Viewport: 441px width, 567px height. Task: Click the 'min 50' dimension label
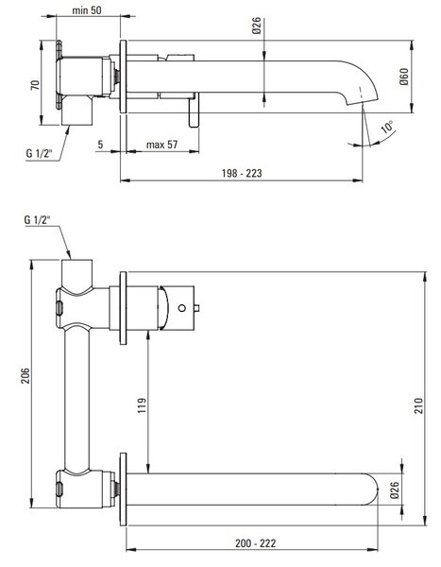click(87, 10)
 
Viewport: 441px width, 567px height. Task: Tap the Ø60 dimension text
click(404, 77)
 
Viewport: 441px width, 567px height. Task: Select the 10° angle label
click(387, 127)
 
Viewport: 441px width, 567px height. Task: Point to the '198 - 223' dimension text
click(242, 173)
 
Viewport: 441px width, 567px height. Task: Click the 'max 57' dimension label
click(161, 145)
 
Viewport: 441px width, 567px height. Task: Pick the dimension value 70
click(35, 85)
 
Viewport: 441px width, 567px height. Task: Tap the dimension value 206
click(25, 376)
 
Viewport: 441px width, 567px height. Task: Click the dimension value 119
click(142, 405)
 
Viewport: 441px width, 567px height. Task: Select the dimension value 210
click(418, 405)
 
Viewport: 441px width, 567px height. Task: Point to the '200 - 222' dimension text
click(256, 543)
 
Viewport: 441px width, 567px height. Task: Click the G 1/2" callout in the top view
click(39, 153)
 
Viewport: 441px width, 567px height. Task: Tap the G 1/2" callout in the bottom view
click(37, 219)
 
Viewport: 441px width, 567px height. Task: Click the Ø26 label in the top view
click(256, 26)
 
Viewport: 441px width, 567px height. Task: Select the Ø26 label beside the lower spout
click(395, 490)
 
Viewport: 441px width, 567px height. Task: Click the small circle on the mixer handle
click(182, 308)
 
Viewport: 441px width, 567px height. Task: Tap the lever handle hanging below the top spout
click(194, 110)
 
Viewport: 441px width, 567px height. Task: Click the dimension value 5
click(100, 145)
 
